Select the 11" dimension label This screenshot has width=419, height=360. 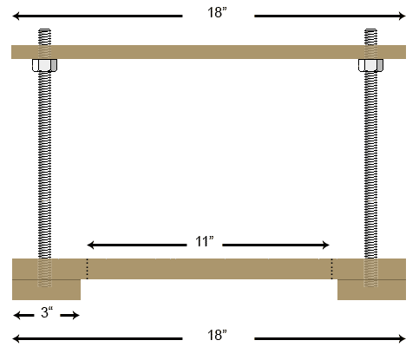[x=204, y=244]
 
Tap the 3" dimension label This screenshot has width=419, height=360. [x=45, y=313]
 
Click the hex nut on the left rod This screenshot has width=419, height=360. [x=43, y=66]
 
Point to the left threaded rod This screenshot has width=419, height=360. [x=43, y=165]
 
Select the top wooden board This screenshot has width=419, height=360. [x=209, y=51]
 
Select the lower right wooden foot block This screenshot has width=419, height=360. [x=371, y=289]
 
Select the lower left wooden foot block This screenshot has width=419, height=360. [x=47, y=289]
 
